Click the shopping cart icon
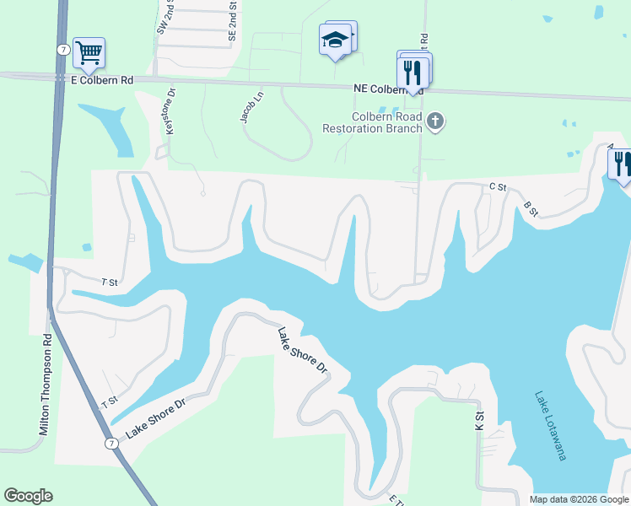(89, 53)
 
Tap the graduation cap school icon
(336, 40)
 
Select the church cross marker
(435, 122)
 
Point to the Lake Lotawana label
(549, 425)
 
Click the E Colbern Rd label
(101, 80)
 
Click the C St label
(497, 186)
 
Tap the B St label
(531, 207)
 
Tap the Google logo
(28, 496)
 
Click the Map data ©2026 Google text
(579, 499)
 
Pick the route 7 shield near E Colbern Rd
(63, 50)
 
